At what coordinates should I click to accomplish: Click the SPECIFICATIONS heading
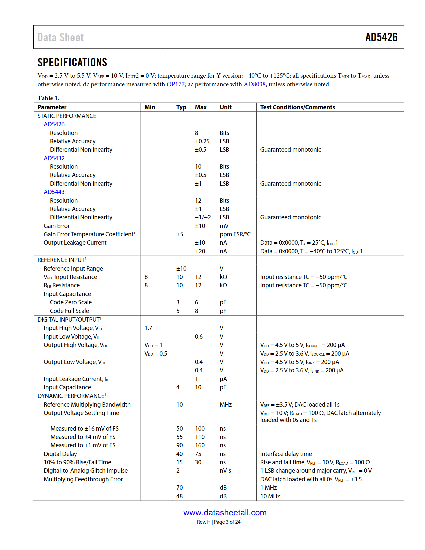click(72, 62)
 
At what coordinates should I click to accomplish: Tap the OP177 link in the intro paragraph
click(175, 84)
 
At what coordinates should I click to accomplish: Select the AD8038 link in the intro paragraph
click(254, 84)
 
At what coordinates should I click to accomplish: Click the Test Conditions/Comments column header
click(297, 107)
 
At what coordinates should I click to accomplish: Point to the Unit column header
click(225, 107)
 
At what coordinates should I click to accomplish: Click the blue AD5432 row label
click(54, 158)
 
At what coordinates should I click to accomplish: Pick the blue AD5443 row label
click(54, 192)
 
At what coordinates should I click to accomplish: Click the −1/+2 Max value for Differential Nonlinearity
click(203, 217)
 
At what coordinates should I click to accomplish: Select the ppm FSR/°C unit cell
click(235, 234)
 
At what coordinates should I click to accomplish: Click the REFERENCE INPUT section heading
click(62, 260)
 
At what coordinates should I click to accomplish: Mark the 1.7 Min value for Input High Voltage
click(148, 328)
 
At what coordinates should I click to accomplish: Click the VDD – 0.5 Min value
click(156, 354)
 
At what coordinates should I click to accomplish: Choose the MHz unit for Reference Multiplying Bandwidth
click(225, 405)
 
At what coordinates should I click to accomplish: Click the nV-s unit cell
click(225, 471)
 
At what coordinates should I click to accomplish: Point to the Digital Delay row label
click(60, 454)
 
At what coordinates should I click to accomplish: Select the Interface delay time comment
click(286, 454)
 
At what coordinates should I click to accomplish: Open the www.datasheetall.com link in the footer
click(225, 513)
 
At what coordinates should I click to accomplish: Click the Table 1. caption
click(48, 98)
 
